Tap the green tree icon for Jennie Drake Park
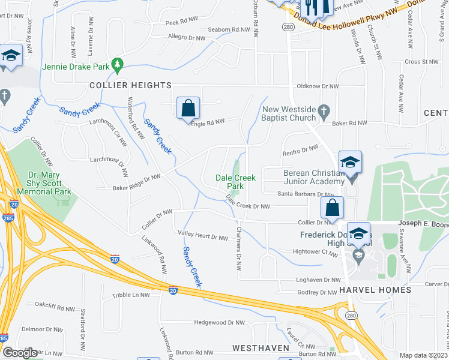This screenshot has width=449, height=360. point(118,62)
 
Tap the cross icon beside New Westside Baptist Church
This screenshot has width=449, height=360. point(324,110)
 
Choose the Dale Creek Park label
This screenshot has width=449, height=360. point(236,182)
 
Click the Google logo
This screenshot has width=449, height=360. point(20,353)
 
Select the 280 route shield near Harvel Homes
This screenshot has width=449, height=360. point(348,314)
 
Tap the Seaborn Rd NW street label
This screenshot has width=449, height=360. point(228,29)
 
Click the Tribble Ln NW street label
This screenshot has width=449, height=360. point(130,295)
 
